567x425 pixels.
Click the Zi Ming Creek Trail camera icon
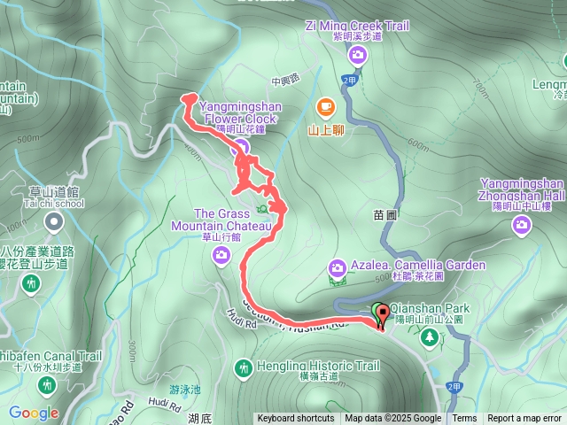(x=357, y=57)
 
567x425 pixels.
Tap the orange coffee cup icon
(x=325, y=107)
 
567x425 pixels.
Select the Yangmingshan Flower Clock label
(x=235, y=112)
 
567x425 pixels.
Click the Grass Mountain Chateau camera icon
(x=221, y=255)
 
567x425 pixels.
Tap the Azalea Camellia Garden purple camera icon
(x=337, y=267)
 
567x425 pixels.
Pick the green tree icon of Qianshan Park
(x=429, y=336)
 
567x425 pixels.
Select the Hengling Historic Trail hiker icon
(x=243, y=367)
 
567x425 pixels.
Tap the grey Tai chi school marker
(x=54, y=220)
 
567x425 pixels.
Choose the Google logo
(x=34, y=413)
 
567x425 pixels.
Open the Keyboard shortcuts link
(x=296, y=419)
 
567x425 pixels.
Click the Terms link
(x=464, y=419)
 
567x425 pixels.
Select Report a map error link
(x=524, y=419)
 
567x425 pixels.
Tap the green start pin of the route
(x=379, y=312)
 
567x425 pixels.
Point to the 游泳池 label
(x=184, y=390)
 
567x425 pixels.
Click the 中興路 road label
(x=287, y=81)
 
